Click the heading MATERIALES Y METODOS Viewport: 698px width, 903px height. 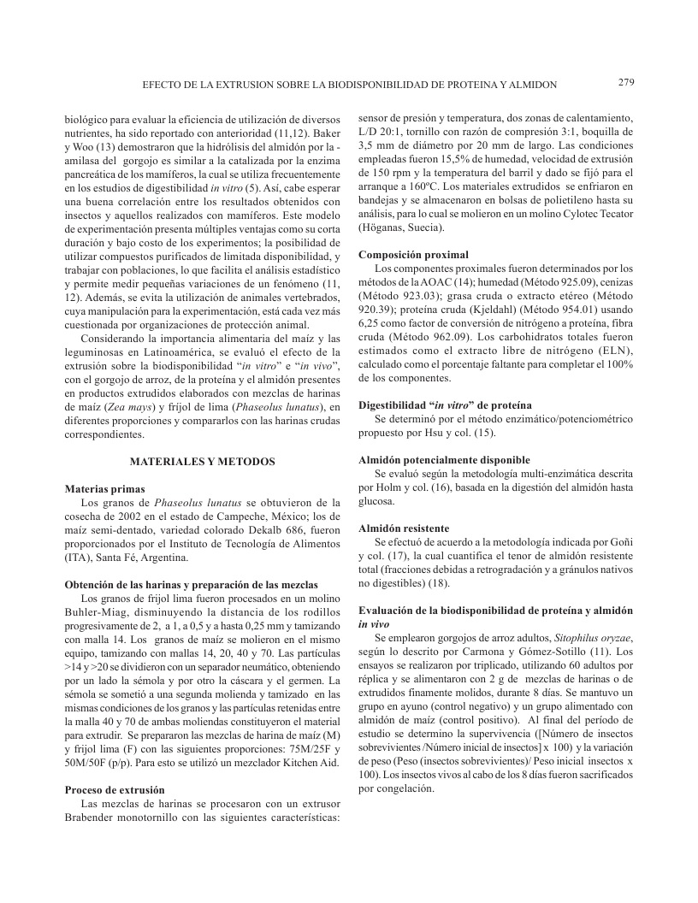coord(203,461)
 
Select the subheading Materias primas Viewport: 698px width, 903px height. coord(105,488)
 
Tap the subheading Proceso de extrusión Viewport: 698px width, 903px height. coord(115,789)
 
